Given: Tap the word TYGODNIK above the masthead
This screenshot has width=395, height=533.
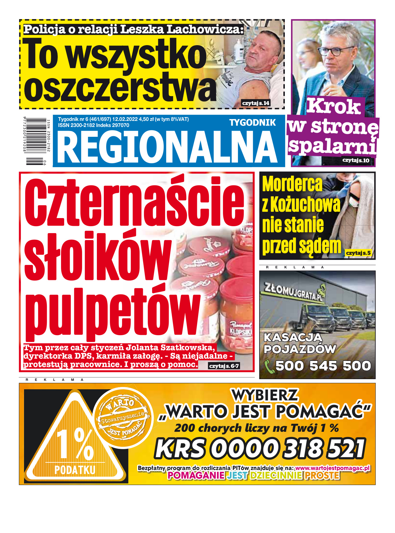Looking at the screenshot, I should click(x=252, y=123).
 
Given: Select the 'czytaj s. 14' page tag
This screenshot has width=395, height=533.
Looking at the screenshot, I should click(x=256, y=103).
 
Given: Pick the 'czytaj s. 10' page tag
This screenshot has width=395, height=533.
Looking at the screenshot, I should click(x=356, y=161).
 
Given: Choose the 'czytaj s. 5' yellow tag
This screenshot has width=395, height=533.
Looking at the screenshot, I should click(x=358, y=253).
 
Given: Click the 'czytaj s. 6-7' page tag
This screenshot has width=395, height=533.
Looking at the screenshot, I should click(x=224, y=366).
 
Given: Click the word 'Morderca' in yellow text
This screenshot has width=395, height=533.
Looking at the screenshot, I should click(x=292, y=184).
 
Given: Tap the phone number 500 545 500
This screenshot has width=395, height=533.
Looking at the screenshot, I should click(x=323, y=366).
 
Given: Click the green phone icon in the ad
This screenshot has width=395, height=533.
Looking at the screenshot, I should click(x=269, y=366).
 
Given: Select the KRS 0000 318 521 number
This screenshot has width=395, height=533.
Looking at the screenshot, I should click(x=260, y=449).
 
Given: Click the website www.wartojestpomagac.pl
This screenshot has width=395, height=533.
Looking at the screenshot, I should click(x=332, y=468).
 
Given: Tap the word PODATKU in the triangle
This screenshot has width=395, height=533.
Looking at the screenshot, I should click(x=75, y=470).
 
